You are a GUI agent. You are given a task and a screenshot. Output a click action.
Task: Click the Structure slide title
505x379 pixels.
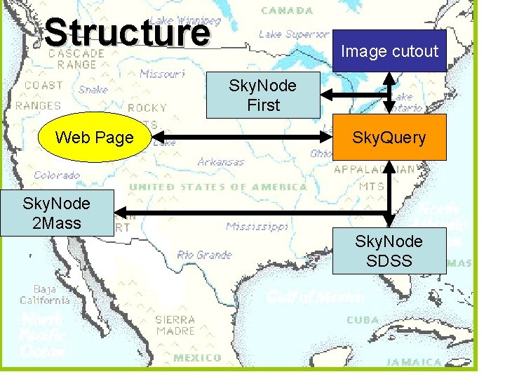tap(127, 32)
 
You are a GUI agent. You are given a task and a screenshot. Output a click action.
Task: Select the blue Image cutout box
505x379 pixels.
tap(389, 51)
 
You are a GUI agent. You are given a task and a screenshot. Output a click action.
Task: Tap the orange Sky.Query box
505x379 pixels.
tap(389, 138)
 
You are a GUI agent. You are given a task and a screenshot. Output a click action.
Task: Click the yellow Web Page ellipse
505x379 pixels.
tap(94, 138)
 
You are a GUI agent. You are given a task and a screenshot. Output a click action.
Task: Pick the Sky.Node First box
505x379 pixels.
tap(263, 95)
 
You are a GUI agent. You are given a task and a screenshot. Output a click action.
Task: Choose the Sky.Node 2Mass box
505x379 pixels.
tap(56, 213)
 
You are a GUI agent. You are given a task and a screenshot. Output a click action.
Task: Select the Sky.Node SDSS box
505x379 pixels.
tap(389, 251)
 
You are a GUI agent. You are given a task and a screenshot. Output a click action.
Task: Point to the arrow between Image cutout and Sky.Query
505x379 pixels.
tap(391, 91)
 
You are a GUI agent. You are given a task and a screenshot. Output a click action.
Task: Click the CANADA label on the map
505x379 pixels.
tap(287, 11)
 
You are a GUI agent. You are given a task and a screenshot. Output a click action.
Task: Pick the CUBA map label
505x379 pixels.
tap(363, 320)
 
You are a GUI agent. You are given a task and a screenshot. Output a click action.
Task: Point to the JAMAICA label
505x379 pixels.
tap(414, 362)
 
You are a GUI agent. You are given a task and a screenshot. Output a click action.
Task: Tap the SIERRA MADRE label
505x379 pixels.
tap(175, 325)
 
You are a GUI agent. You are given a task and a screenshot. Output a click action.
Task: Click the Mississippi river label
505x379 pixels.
tap(257, 227)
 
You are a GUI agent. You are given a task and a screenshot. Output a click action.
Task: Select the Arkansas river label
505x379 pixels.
tap(221, 162)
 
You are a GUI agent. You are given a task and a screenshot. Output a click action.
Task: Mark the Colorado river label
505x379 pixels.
tap(57, 175)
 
